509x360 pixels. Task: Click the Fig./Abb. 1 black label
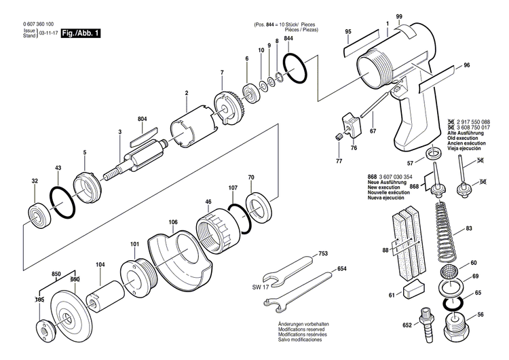pos(80,32)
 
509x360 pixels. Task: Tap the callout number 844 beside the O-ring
pos(288,39)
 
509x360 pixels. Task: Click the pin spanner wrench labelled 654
pos(301,286)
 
